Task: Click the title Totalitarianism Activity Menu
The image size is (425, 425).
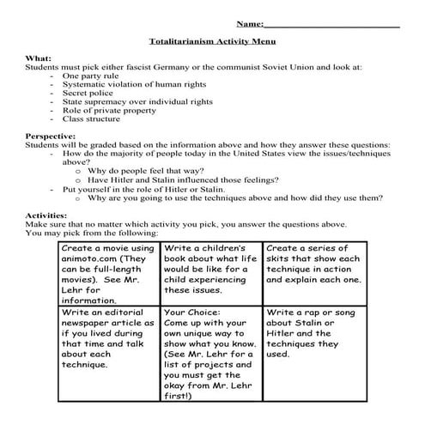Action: [x=211, y=40]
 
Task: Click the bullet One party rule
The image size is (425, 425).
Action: [x=91, y=76]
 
